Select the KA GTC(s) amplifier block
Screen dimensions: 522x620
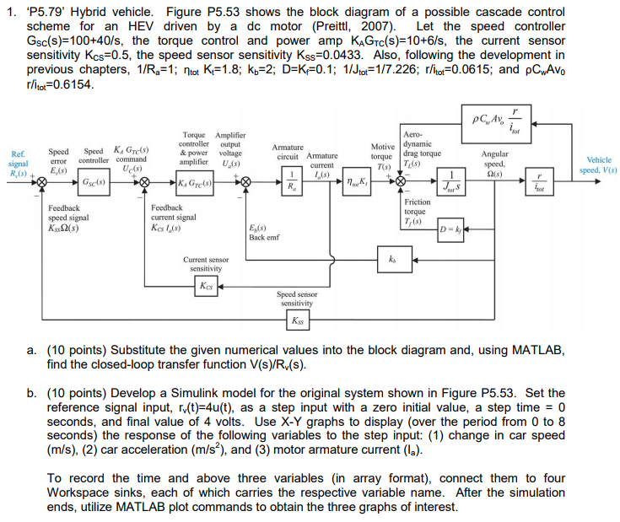(x=194, y=181)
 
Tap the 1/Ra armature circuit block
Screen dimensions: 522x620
(x=292, y=180)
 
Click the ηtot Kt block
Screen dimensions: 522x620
(x=353, y=181)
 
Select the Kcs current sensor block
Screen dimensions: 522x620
(x=205, y=285)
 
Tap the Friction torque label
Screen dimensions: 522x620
(x=417, y=207)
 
